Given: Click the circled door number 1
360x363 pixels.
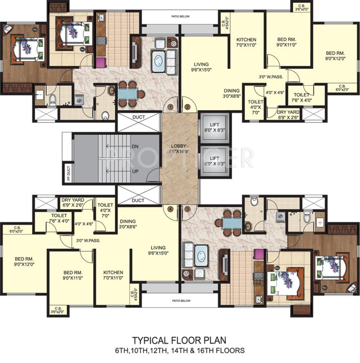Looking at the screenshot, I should pyautogui.click(x=170, y=107).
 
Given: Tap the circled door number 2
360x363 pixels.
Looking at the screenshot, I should pyautogui.click(x=187, y=107).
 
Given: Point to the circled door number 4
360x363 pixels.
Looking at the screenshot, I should pyautogui.click(x=170, y=208).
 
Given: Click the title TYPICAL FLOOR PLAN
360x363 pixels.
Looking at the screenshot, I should pyautogui.click(x=179, y=340).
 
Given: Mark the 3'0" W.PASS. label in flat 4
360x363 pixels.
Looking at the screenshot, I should pyautogui.click(x=88, y=240).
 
